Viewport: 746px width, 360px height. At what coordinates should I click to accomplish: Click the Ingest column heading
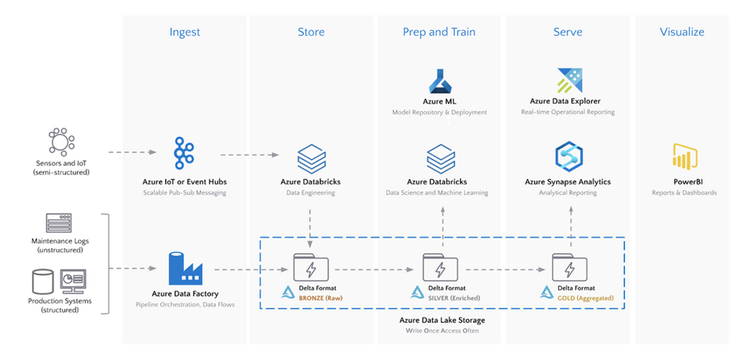[184, 32]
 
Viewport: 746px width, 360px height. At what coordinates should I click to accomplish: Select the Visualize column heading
[682, 32]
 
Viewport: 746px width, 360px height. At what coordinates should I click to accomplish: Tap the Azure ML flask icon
[440, 81]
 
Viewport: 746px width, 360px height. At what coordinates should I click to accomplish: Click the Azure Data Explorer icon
[570, 80]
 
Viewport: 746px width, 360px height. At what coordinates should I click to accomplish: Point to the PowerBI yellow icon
[685, 155]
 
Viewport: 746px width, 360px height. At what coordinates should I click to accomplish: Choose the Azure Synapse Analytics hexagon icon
[569, 157]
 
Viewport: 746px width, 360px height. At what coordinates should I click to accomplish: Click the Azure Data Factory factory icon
[185, 268]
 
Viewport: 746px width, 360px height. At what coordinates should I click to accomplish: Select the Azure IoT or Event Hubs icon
[184, 152]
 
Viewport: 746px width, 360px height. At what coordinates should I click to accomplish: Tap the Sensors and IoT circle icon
[61, 141]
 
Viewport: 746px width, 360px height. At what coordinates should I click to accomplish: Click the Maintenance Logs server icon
[58, 223]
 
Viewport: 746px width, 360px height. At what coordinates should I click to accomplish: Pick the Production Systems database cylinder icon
[43, 282]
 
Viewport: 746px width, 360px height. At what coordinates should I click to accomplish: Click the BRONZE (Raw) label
[320, 299]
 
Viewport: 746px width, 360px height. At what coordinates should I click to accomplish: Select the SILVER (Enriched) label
[454, 299]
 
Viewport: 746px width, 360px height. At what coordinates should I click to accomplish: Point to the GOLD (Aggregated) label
[585, 299]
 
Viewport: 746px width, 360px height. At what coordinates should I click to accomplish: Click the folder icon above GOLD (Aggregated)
[570, 267]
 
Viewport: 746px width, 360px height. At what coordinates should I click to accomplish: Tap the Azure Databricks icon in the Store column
[311, 158]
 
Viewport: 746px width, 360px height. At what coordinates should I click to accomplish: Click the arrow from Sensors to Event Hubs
[132, 152]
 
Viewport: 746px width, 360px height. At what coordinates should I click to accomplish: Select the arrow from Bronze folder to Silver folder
[374, 270]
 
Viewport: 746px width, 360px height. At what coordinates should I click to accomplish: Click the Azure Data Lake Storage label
[442, 320]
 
